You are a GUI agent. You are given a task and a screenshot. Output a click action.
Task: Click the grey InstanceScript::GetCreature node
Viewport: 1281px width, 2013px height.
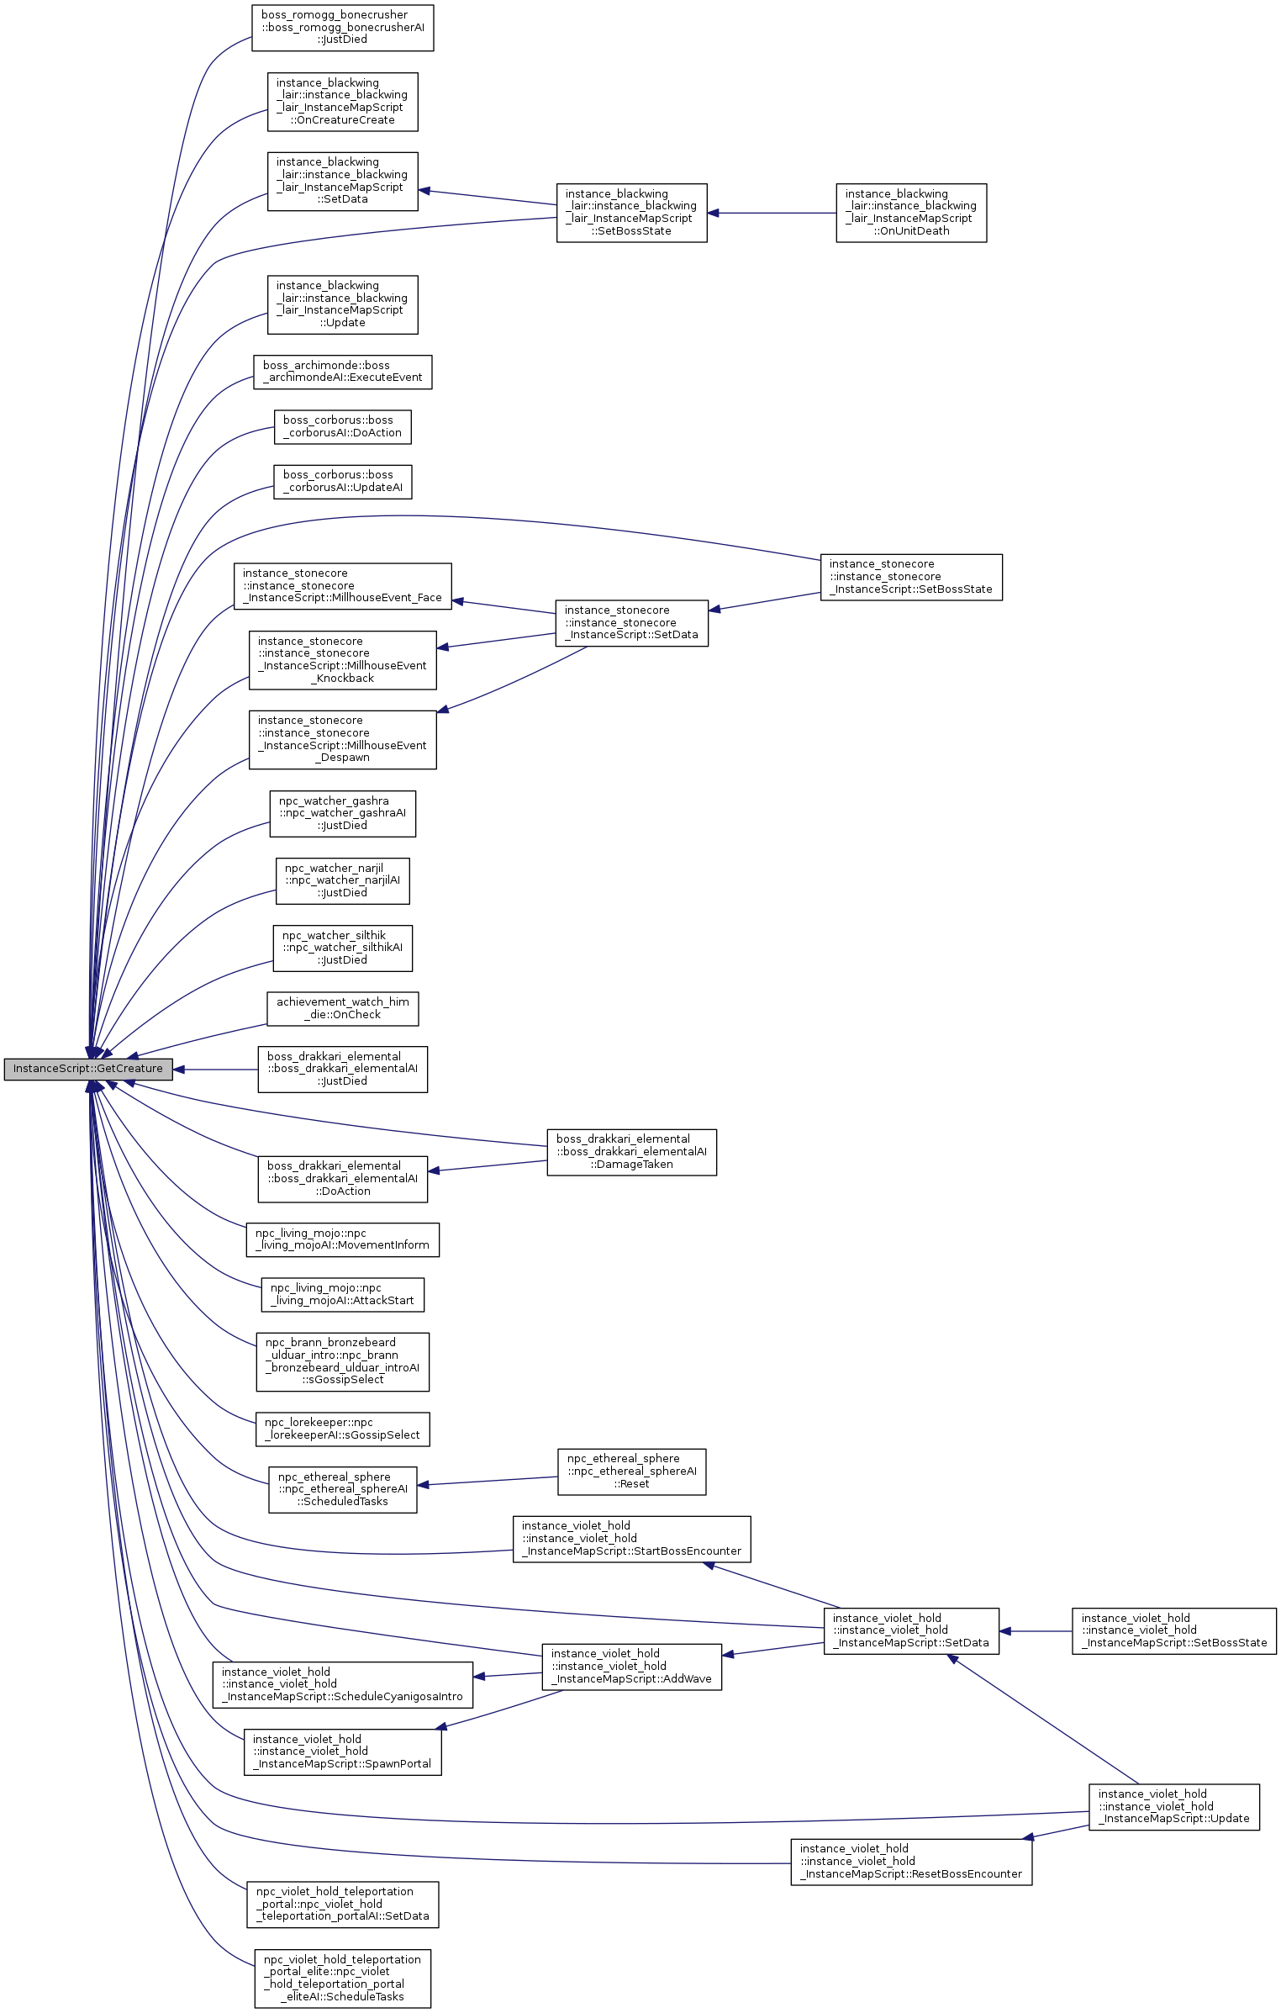[x=87, y=1069]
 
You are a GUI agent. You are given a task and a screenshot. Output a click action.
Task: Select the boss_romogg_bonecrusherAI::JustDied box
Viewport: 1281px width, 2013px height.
[x=343, y=28]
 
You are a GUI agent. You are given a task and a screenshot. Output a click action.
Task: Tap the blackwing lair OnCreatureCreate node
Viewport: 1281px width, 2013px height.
[x=343, y=102]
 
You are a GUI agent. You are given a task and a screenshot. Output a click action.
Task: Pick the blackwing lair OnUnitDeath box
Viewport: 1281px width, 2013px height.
[x=911, y=213]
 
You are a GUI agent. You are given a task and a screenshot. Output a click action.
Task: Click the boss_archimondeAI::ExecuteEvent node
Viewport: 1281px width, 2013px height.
[x=343, y=372]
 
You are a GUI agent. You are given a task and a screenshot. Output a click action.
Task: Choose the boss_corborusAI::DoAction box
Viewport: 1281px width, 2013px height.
[x=343, y=427]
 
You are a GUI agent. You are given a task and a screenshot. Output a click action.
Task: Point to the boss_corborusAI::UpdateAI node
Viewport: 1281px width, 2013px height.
[x=343, y=482]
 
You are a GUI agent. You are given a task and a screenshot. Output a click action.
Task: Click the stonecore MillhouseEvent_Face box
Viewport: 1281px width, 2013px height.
[x=343, y=586]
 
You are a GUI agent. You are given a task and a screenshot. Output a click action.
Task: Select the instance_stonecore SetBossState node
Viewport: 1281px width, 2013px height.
[x=911, y=577]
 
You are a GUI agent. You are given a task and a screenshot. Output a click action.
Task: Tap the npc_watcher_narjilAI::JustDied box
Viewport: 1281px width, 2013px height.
[x=343, y=881]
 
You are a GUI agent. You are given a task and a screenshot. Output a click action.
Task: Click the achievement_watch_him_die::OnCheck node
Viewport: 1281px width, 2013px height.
[x=343, y=1009]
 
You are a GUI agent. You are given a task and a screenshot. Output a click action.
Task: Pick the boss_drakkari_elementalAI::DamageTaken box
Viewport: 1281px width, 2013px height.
[x=632, y=1152]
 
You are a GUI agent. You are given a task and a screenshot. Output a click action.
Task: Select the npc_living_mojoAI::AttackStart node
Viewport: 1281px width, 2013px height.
[x=343, y=1295]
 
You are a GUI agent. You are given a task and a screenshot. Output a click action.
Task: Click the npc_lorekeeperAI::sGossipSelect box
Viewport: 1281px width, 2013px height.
[x=343, y=1429]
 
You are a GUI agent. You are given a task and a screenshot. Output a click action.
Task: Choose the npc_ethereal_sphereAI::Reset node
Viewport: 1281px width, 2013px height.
[x=632, y=1471]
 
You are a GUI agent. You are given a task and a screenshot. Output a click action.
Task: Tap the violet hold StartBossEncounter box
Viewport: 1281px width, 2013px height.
[x=632, y=1539]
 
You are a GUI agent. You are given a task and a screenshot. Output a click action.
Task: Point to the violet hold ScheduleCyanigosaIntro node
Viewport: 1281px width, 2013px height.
[x=343, y=1685]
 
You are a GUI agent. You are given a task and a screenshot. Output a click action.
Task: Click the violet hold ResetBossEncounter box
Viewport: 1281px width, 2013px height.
[x=911, y=1862]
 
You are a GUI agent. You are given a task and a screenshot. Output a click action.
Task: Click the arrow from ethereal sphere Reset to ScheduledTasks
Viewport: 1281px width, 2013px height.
[x=488, y=1481]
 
